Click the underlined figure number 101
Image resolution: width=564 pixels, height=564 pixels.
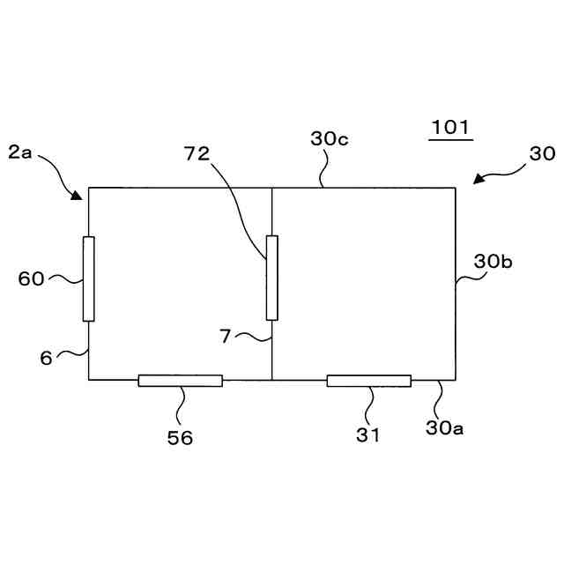click(x=450, y=127)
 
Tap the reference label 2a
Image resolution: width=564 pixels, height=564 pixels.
click(x=20, y=152)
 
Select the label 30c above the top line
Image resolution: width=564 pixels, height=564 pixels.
click(x=329, y=138)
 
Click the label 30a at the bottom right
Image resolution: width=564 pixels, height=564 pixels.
click(x=445, y=428)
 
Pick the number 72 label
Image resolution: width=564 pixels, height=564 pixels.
click(x=197, y=152)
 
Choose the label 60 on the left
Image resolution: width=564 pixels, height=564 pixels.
click(x=31, y=279)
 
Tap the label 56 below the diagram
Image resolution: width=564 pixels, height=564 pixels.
click(x=180, y=437)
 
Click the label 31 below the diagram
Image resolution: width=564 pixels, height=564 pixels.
click(x=368, y=434)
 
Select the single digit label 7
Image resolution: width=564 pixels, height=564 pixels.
click(x=226, y=336)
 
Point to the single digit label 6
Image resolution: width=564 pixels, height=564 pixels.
click(x=46, y=357)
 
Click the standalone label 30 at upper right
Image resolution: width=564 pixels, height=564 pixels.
click(x=541, y=152)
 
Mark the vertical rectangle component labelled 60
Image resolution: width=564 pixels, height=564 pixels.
click(x=88, y=278)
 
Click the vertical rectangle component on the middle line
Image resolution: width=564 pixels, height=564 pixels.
click(x=271, y=278)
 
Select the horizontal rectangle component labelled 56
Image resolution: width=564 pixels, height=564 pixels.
click(x=180, y=381)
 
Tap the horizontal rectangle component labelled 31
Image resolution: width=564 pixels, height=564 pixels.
click(x=368, y=381)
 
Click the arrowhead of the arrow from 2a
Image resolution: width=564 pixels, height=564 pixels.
click(x=79, y=195)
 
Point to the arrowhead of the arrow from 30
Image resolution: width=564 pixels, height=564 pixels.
click(x=478, y=181)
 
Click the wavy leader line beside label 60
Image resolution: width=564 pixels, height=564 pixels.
click(x=63, y=279)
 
